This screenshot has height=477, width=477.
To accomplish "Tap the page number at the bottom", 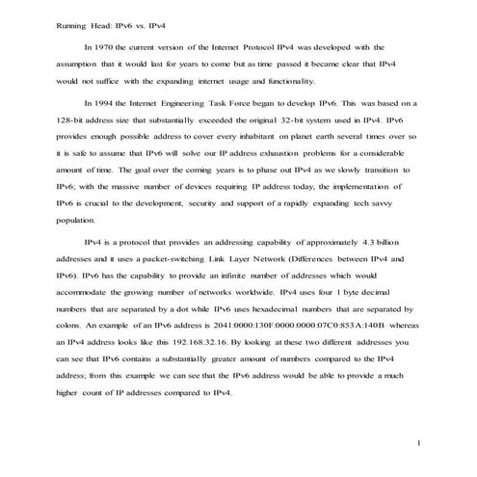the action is pos(420,442).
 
